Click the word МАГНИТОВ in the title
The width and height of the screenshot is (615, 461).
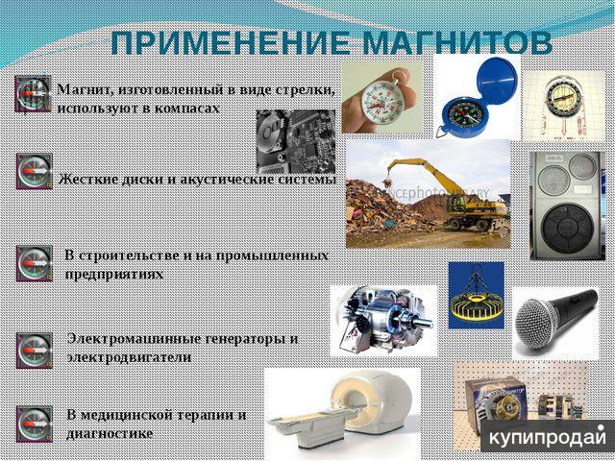click(x=456, y=42)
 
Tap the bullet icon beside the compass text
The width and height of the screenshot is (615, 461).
click(x=33, y=94)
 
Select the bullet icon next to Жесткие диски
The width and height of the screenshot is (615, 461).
click(x=35, y=171)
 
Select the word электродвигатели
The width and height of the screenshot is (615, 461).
click(x=129, y=357)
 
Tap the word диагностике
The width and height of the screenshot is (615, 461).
click(x=110, y=433)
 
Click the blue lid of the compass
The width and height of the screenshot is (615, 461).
click(x=496, y=81)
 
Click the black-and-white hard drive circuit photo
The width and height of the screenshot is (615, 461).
click(x=296, y=141)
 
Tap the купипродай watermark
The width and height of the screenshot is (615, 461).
click(x=548, y=437)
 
